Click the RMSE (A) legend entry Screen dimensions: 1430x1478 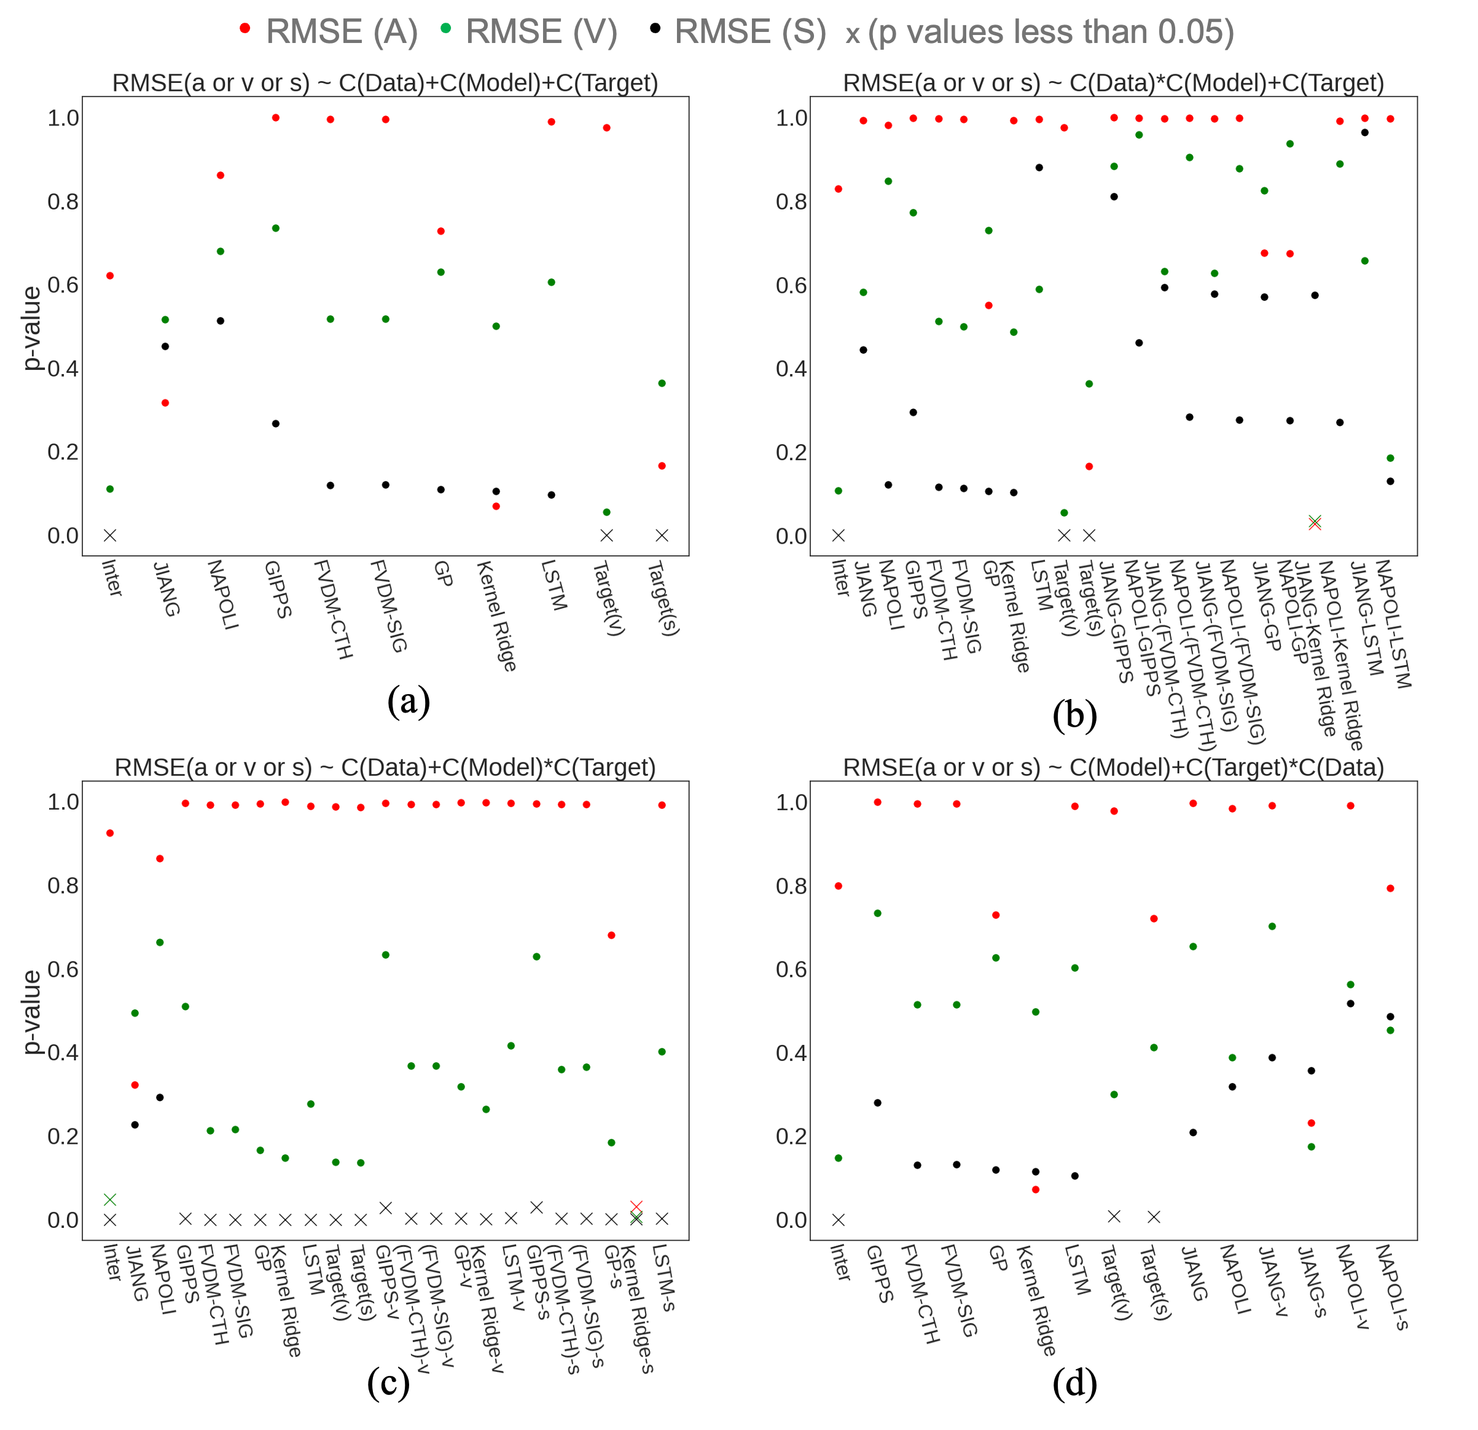point(341,32)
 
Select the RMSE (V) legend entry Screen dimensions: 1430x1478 point(541,32)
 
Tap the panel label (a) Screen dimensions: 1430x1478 point(408,701)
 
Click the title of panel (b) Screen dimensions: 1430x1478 point(1113,82)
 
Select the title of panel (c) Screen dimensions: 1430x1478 point(385,767)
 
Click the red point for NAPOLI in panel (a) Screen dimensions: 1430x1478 point(220,176)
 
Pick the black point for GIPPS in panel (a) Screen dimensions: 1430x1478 point(276,424)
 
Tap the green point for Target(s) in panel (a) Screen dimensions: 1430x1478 point(662,384)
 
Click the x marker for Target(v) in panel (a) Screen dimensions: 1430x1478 point(606,536)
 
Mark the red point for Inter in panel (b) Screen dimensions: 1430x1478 point(839,189)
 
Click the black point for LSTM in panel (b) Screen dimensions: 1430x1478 point(1039,168)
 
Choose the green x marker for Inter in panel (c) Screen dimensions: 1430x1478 point(110,1199)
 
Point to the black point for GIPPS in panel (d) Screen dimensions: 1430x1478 point(878,1103)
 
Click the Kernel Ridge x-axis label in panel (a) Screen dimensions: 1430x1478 point(497,616)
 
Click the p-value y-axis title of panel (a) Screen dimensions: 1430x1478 point(32,328)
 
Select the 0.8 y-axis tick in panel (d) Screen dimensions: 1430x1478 point(791,886)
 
